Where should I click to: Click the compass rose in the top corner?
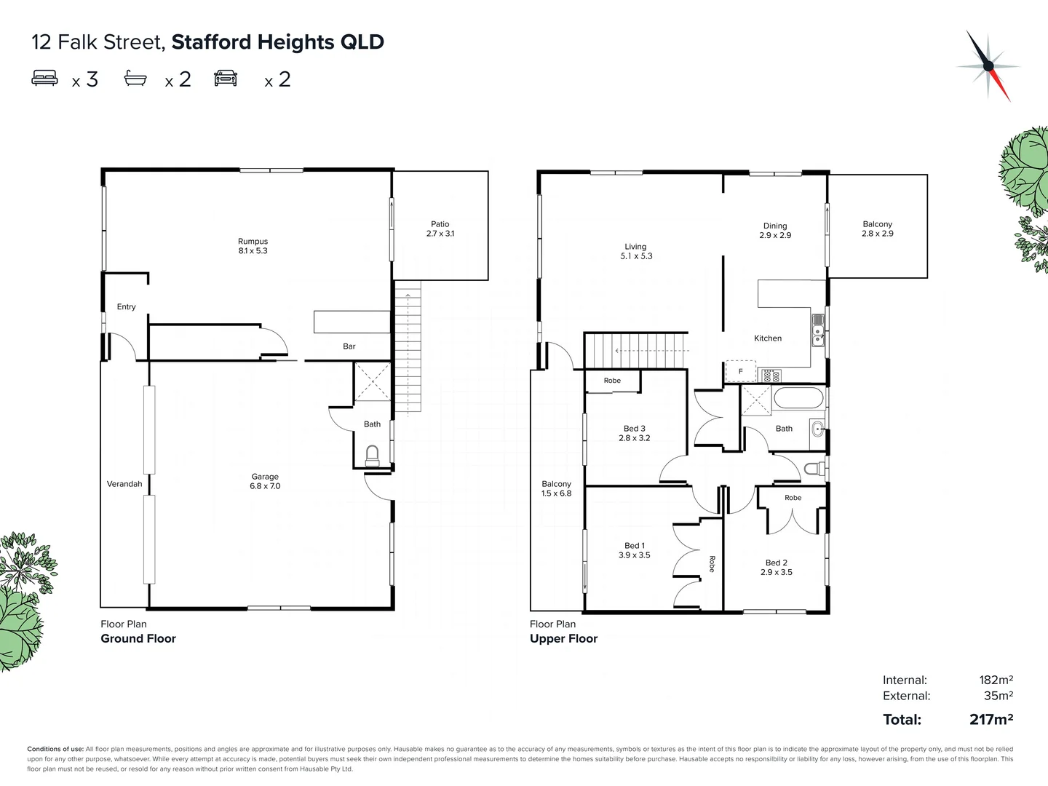(988, 65)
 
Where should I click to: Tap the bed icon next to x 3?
(44, 78)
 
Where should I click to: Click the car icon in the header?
(226, 78)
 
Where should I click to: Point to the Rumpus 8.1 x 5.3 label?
(253, 246)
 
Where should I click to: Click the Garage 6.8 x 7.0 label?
(265, 481)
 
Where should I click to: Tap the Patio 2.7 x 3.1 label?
(440, 229)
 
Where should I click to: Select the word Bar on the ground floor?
(349, 346)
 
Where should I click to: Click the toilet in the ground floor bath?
(372, 456)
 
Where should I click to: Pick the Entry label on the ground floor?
(126, 307)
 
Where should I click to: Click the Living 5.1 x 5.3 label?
(635, 251)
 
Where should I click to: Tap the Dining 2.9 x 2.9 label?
(775, 231)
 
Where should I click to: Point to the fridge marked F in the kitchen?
(741, 371)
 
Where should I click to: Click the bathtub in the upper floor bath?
(798, 399)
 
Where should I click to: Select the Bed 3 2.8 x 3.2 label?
(634, 433)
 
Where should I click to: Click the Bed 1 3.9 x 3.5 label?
(634, 550)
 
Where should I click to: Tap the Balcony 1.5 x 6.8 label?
(556, 488)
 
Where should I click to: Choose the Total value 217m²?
(991, 720)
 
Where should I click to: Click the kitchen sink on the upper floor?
(818, 328)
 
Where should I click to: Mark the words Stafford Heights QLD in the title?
(277, 42)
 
